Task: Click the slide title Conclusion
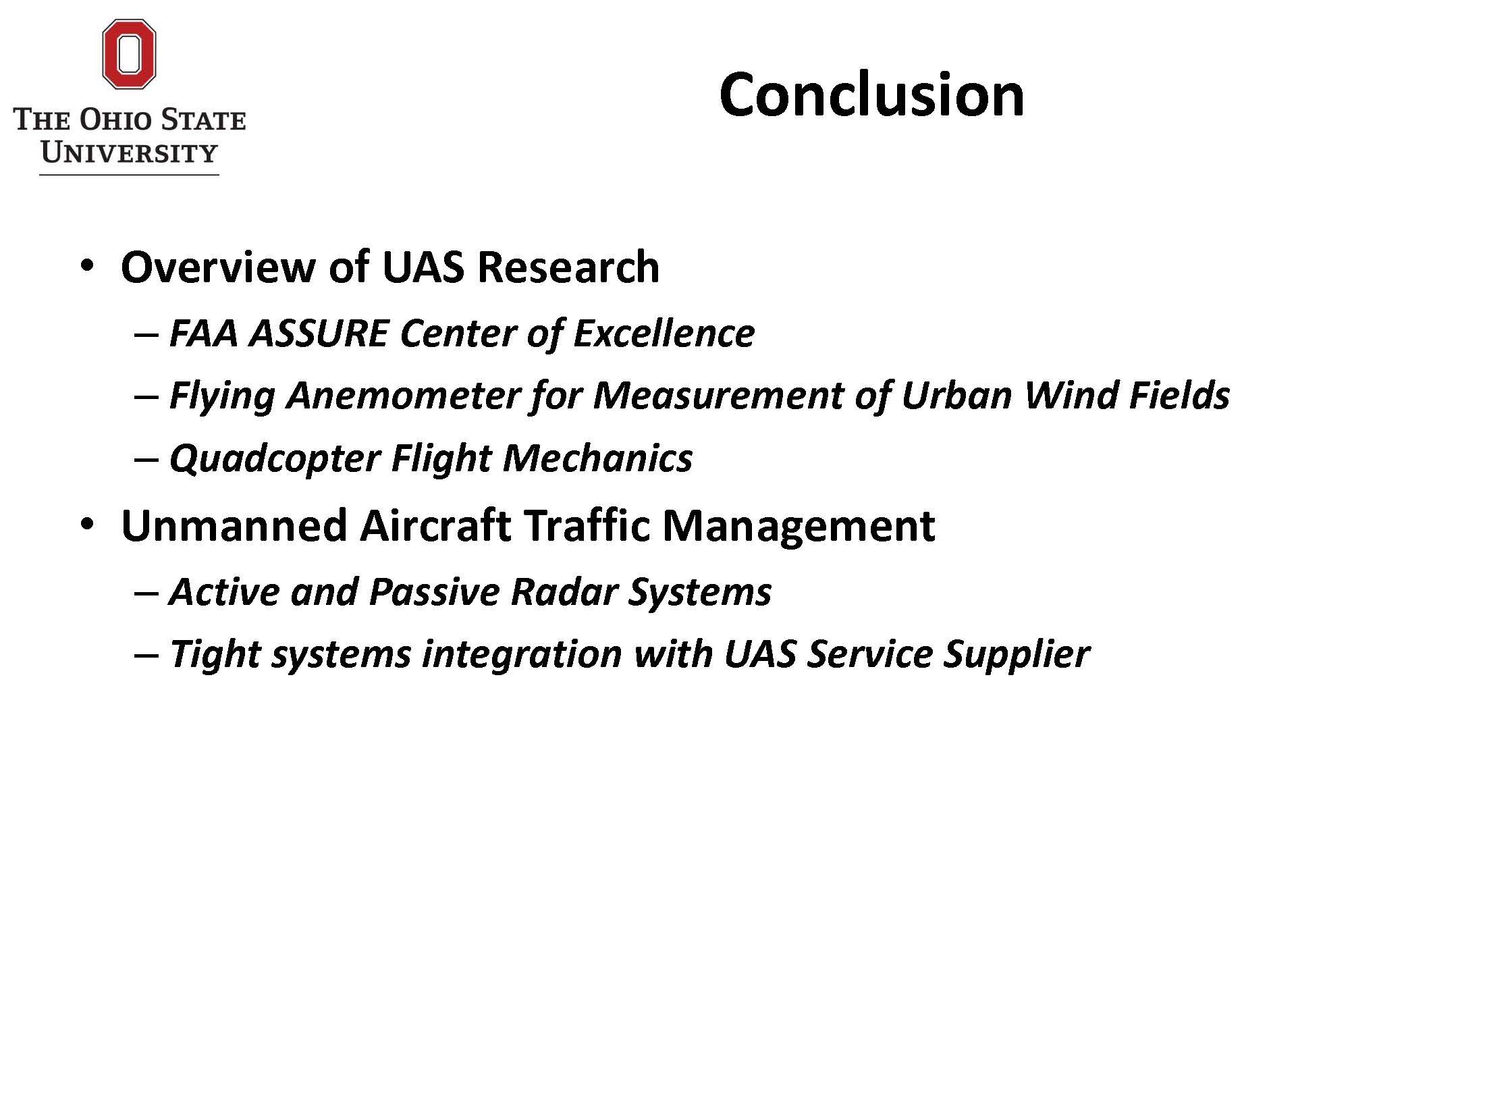pos(871,95)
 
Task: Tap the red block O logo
pos(129,54)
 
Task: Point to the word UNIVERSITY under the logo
pos(129,153)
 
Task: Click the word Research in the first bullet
pos(568,266)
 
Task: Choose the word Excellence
pos(664,333)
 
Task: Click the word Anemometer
pos(402,395)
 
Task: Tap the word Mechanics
pos(597,458)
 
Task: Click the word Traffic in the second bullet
pos(586,525)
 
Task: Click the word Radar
pos(564,591)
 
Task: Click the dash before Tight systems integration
pos(146,654)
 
